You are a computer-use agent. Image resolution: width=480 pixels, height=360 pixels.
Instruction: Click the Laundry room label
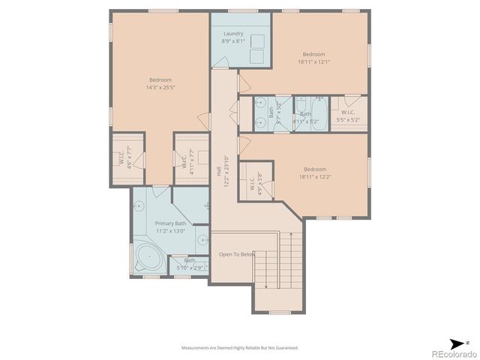pyautogui.click(x=232, y=34)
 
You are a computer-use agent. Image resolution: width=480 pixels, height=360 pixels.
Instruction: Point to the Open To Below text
pyautogui.click(x=237, y=255)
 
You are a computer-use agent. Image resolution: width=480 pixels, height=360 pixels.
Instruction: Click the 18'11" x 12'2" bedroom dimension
pyautogui.click(x=313, y=178)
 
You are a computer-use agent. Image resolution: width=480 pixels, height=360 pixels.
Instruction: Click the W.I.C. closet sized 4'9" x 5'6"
pyautogui.click(x=250, y=180)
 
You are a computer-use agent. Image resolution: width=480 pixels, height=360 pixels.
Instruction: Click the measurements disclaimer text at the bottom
pyautogui.click(x=240, y=348)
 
